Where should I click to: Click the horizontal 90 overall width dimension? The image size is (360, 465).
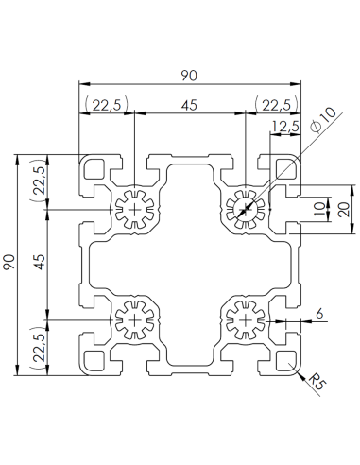189,71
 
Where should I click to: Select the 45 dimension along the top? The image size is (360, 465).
189,106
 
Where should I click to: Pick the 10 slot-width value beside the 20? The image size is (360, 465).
318,208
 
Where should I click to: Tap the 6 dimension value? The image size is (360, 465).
319,313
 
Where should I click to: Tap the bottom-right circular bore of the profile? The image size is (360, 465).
245,321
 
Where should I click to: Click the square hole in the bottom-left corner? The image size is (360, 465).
95,360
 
